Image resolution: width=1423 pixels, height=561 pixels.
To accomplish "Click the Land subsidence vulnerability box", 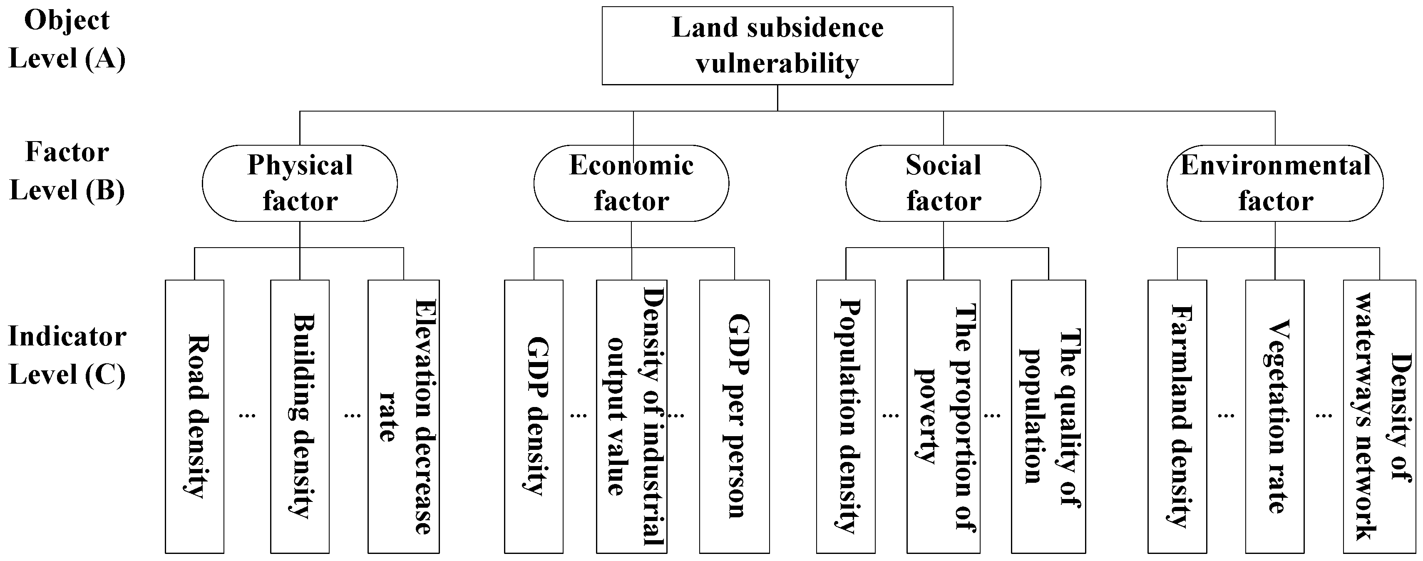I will pyautogui.click(x=777, y=46).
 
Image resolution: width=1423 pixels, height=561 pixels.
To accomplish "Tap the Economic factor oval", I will pyautogui.click(x=631, y=183).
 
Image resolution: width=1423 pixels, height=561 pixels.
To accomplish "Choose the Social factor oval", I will pyautogui.click(x=943, y=183).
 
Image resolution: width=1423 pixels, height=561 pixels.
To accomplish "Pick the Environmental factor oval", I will pyautogui.click(x=1275, y=183).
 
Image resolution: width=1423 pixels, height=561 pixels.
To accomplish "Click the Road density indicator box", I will pyautogui.click(x=194, y=416).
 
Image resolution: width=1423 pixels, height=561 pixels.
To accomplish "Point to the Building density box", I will pyautogui.click(x=300, y=416).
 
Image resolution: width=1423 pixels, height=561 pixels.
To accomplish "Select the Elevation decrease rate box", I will pyautogui.click(x=404, y=416).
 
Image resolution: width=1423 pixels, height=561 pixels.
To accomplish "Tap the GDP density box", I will pyautogui.click(x=534, y=416).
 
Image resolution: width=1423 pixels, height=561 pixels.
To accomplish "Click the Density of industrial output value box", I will pyautogui.click(x=632, y=416).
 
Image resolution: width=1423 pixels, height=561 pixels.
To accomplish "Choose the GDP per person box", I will pyautogui.click(x=734, y=416).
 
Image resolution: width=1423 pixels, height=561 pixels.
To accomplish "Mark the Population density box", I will pyautogui.click(x=846, y=416).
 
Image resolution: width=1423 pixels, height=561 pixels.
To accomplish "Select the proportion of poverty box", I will pyautogui.click(x=944, y=416).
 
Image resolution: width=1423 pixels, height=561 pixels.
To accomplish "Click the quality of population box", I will pyautogui.click(x=1048, y=416).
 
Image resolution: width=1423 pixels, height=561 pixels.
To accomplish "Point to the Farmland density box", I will pyautogui.click(x=1177, y=416).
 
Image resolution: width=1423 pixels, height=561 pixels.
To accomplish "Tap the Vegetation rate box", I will pyautogui.click(x=1275, y=416).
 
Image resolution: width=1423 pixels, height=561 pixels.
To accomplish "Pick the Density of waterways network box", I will pyautogui.click(x=1380, y=416).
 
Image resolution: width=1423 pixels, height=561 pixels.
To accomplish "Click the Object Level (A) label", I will pyautogui.click(x=67, y=40).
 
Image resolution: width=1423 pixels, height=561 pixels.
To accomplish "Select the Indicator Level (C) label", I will pyautogui.click(x=67, y=355).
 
